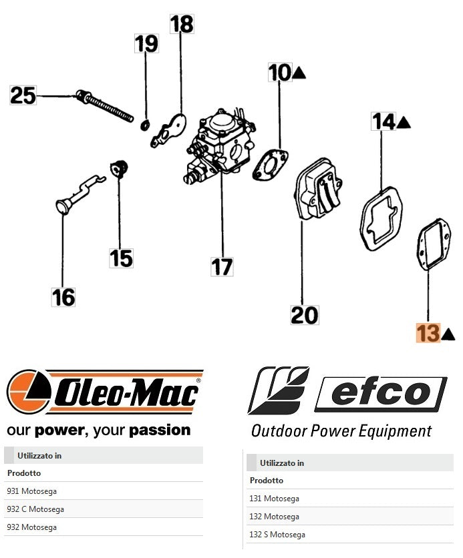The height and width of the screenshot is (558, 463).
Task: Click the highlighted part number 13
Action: pyautogui.click(x=428, y=332)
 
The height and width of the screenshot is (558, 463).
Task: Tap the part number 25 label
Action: pyautogui.click(x=23, y=95)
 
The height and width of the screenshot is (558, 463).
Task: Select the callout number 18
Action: pyautogui.click(x=181, y=25)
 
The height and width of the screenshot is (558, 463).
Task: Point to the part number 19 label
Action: pyautogui.click(x=146, y=44)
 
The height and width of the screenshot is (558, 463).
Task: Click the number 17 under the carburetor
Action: pyautogui.click(x=222, y=266)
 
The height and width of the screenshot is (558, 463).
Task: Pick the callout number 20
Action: pyautogui.click(x=305, y=314)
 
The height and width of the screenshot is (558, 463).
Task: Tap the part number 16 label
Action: pyautogui.click(x=63, y=296)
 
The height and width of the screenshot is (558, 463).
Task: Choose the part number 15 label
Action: pyautogui.click(x=122, y=258)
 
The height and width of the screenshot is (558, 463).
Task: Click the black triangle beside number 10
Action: pyautogui.click(x=299, y=72)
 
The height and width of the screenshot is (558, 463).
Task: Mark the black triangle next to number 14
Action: pyautogui.click(x=403, y=122)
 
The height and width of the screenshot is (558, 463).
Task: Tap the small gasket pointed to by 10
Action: pyautogui.click(x=271, y=166)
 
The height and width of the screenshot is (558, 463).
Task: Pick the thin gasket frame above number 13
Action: pyautogui.click(x=434, y=246)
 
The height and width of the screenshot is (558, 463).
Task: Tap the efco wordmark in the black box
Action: pyautogui.click(x=380, y=393)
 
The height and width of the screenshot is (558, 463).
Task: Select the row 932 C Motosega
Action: pyautogui.click(x=35, y=509)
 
